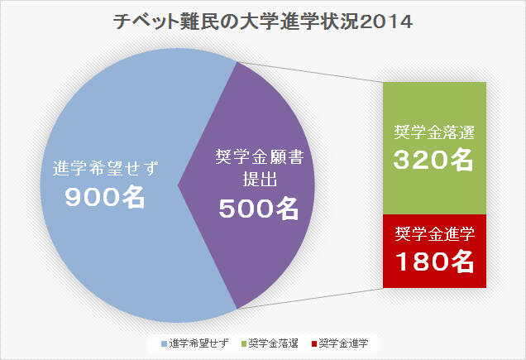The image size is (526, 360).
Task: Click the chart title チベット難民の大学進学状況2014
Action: coord(263,22)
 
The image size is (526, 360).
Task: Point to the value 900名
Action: coord(105,197)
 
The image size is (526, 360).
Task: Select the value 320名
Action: coord(434,160)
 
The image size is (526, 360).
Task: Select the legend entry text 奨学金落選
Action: coord(272,343)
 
